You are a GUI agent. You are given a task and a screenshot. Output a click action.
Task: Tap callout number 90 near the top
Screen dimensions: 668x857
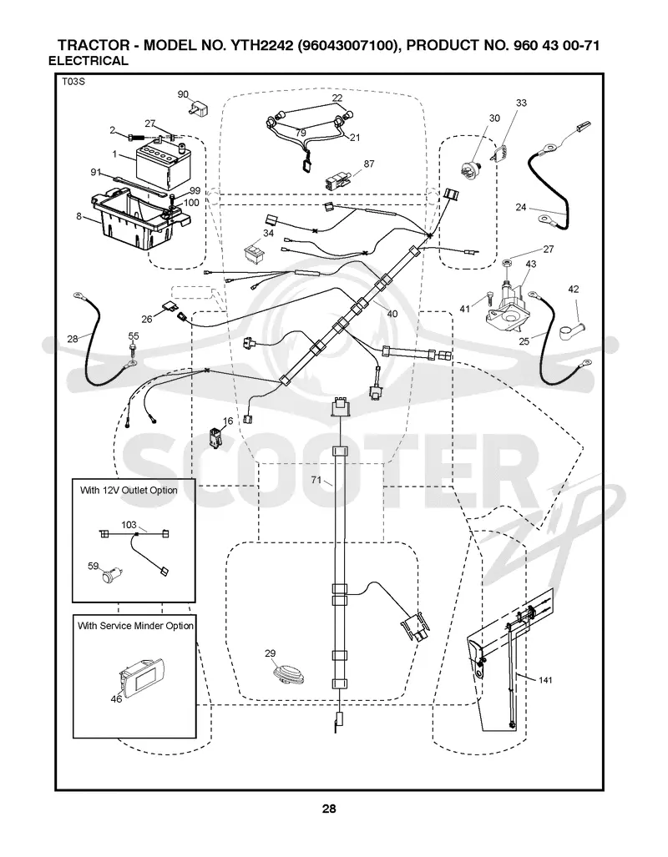click(x=183, y=94)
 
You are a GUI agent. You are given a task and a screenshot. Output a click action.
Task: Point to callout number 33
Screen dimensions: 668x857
click(x=521, y=102)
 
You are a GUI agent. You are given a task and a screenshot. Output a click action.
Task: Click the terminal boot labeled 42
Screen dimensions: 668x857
click(x=571, y=330)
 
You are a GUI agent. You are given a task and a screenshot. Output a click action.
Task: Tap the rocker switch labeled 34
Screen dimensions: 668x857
click(x=253, y=251)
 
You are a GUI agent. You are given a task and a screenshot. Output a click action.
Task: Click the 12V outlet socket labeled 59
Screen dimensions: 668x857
click(x=114, y=574)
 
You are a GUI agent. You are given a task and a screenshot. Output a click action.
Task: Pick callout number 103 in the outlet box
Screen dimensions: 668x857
click(x=129, y=525)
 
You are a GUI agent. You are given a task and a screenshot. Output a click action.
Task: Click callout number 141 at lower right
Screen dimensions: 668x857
click(x=545, y=680)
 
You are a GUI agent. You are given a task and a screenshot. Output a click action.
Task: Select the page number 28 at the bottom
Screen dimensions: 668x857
click(x=329, y=809)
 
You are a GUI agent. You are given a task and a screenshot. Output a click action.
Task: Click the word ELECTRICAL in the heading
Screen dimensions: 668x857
click(x=88, y=61)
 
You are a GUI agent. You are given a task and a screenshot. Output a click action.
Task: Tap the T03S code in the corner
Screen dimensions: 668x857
click(x=73, y=82)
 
